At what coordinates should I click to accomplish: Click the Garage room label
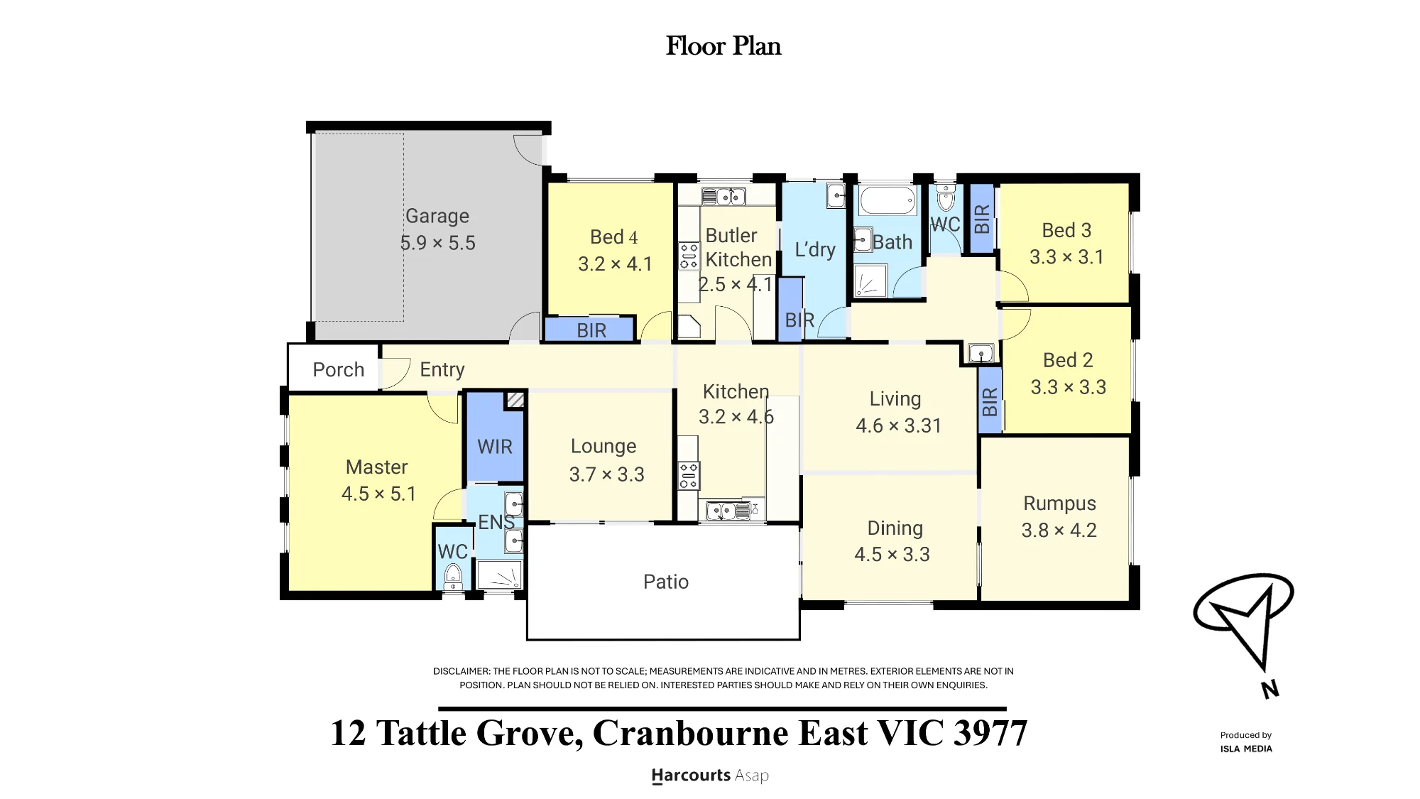point(437,216)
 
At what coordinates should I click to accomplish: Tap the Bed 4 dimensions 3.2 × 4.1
point(615,264)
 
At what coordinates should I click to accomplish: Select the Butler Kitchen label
point(738,247)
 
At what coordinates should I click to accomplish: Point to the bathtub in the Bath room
point(887,200)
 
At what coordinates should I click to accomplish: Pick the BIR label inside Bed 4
point(591,330)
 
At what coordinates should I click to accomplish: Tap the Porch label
point(339,369)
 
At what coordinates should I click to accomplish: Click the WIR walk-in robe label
point(495,447)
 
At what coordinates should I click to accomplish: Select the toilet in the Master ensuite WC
point(452,577)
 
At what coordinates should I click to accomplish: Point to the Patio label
point(666,582)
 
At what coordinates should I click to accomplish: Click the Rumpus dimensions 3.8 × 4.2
point(1059,531)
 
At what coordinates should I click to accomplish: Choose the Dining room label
point(895,528)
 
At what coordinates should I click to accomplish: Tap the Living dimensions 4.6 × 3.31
point(899,426)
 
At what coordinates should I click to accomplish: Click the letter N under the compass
point(1270,689)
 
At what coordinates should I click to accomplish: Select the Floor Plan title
point(723,46)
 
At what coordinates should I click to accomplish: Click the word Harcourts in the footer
point(691,776)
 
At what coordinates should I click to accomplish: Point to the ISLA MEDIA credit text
point(1246,749)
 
